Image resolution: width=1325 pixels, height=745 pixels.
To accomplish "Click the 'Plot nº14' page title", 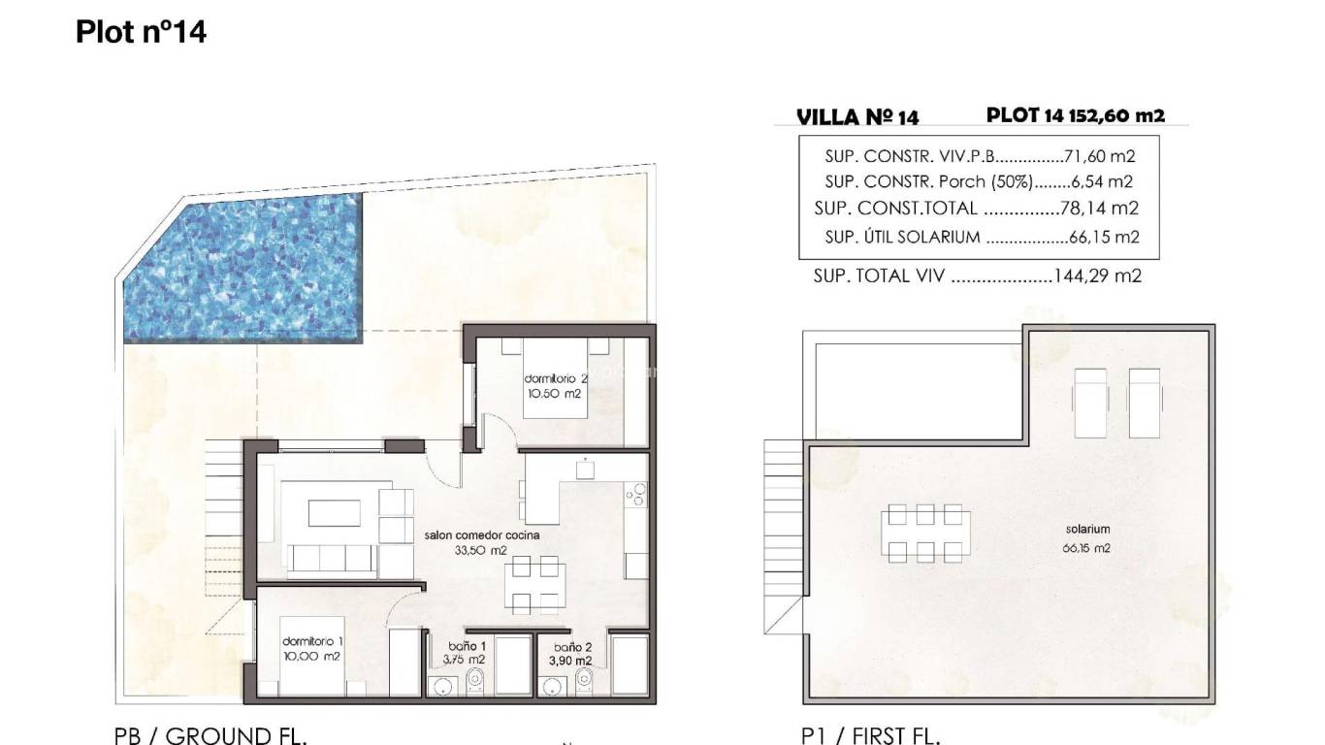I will point(141,32).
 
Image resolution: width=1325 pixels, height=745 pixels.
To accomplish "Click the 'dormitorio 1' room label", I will point(312,641).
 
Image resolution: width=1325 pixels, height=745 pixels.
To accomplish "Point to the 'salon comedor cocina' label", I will point(482,534).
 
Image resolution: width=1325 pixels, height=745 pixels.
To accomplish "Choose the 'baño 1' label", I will point(467,645).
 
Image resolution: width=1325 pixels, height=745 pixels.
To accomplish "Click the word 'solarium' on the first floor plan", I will point(1086,530).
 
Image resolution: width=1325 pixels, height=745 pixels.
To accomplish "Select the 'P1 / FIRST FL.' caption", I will point(870,735).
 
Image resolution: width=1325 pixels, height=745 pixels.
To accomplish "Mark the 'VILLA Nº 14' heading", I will point(857,117).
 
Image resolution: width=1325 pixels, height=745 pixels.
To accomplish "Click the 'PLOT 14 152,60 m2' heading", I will point(1075,114).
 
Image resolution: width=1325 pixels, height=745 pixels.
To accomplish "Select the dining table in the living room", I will point(535,585).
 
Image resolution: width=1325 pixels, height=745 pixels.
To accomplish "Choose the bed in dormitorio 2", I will point(555,383).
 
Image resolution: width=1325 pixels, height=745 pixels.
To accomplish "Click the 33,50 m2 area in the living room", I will point(481,550).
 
